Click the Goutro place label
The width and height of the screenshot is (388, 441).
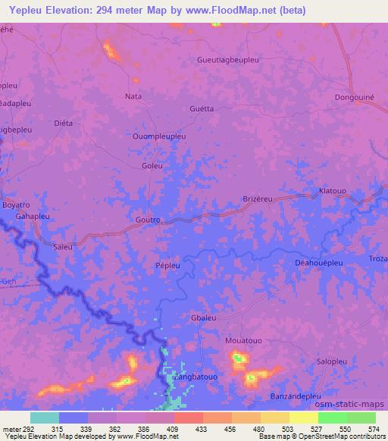[147, 220]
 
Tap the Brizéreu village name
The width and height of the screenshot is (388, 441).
[257, 199]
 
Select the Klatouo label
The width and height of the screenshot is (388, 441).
[333, 191]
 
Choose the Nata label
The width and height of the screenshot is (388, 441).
[133, 96]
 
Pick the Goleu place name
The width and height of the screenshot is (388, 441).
[152, 165]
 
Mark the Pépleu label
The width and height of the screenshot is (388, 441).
[167, 266]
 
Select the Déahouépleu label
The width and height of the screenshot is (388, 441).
[319, 262]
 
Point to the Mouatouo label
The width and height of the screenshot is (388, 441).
[243, 341]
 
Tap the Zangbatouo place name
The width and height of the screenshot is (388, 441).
[195, 377]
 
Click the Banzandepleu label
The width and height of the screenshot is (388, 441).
[296, 396]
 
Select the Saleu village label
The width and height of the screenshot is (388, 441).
[63, 247]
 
